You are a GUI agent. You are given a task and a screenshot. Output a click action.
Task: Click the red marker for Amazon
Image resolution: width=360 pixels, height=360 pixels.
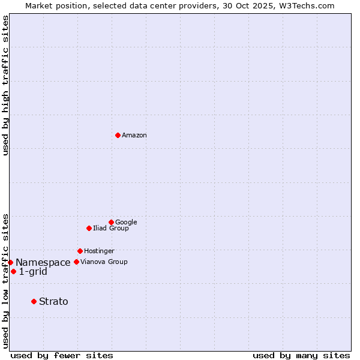pyautogui.click(x=118, y=135)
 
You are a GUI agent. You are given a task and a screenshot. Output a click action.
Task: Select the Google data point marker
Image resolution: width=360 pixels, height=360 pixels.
pyautogui.click(x=111, y=222)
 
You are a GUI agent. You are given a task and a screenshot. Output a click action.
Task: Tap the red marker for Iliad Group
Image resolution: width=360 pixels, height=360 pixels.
pyautogui.click(x=89, y=228)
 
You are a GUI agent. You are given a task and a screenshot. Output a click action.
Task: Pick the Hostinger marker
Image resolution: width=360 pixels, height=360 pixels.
pyautogui.click(x=80, y=251)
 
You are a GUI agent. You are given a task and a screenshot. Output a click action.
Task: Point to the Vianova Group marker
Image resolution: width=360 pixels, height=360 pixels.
pyautogui.click(x=76, y=262)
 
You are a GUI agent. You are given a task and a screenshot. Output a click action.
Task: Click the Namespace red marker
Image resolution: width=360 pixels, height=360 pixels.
pyautogui.click(x=10, y=262)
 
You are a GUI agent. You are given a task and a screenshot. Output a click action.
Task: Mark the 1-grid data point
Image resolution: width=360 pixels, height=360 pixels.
pyautogui.click(x=13, y=271)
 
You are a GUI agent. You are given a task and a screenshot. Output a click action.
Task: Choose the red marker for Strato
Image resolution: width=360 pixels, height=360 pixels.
pyautogui.click(x=34, y=301)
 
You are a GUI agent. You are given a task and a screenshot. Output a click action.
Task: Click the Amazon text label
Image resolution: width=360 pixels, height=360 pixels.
pyautogui.click(x=134, y=136)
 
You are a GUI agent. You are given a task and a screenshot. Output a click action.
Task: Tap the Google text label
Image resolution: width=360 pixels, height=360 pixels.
pyautogui.click(x=126, y=223)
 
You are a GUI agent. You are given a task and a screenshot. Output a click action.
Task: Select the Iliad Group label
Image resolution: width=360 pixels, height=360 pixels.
pyautogui.click(x=111, y=229)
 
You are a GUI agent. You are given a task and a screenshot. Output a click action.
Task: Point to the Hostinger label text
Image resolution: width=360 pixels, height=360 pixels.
pyautogui.click(x=99, y=251)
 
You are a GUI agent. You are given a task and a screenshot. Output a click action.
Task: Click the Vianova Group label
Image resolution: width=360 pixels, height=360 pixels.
pyautogui.click(x=104, y=262)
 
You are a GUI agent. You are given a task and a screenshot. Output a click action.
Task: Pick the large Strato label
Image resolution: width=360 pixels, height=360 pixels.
pyautogui.click(x=53, y=302)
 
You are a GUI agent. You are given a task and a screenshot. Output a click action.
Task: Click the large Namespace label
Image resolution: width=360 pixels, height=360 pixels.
pyautogui.click(x=43, y=263)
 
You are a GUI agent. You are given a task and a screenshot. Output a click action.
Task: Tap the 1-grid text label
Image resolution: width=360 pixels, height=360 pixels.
pyautogui.click(x=33, y=272)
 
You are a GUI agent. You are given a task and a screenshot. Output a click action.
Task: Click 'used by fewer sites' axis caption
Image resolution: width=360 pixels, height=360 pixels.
pyautogui.click(x=62, y=356)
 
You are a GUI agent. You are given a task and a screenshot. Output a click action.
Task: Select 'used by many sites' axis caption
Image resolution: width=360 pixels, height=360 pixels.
pyautogui.click(x=301, y=356)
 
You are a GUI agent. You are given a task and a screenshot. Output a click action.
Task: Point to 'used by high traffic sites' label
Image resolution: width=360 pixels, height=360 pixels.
pyautogui.click(x=5, y=85)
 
